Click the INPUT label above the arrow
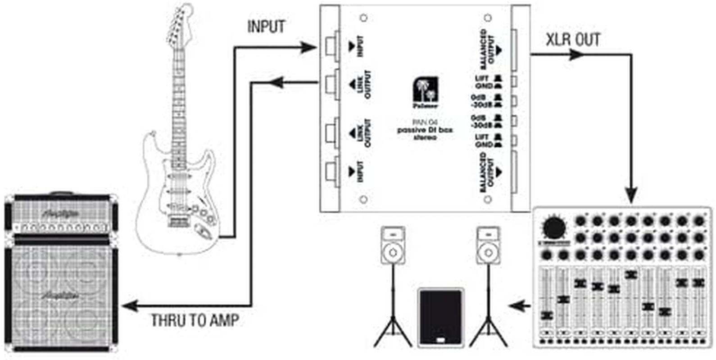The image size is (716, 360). pos(266,27)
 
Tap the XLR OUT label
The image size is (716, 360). pos(573,40)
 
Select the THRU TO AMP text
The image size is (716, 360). pos(195,320)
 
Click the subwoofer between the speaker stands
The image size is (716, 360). pos(440,317)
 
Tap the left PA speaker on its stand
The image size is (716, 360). pos(393,246)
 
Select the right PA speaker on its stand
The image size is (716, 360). pos(489,246)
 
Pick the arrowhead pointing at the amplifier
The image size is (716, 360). pos(130,306)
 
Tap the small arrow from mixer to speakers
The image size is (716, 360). pos(519,306)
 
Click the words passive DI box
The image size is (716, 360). pos(425,130)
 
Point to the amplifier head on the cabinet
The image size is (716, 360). pos(61,215)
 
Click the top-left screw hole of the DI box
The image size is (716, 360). pos(364,18)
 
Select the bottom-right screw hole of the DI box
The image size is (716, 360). pos(487,199)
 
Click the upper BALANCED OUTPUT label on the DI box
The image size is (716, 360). pos(488,49)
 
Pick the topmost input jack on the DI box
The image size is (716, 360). pos(332,45)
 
